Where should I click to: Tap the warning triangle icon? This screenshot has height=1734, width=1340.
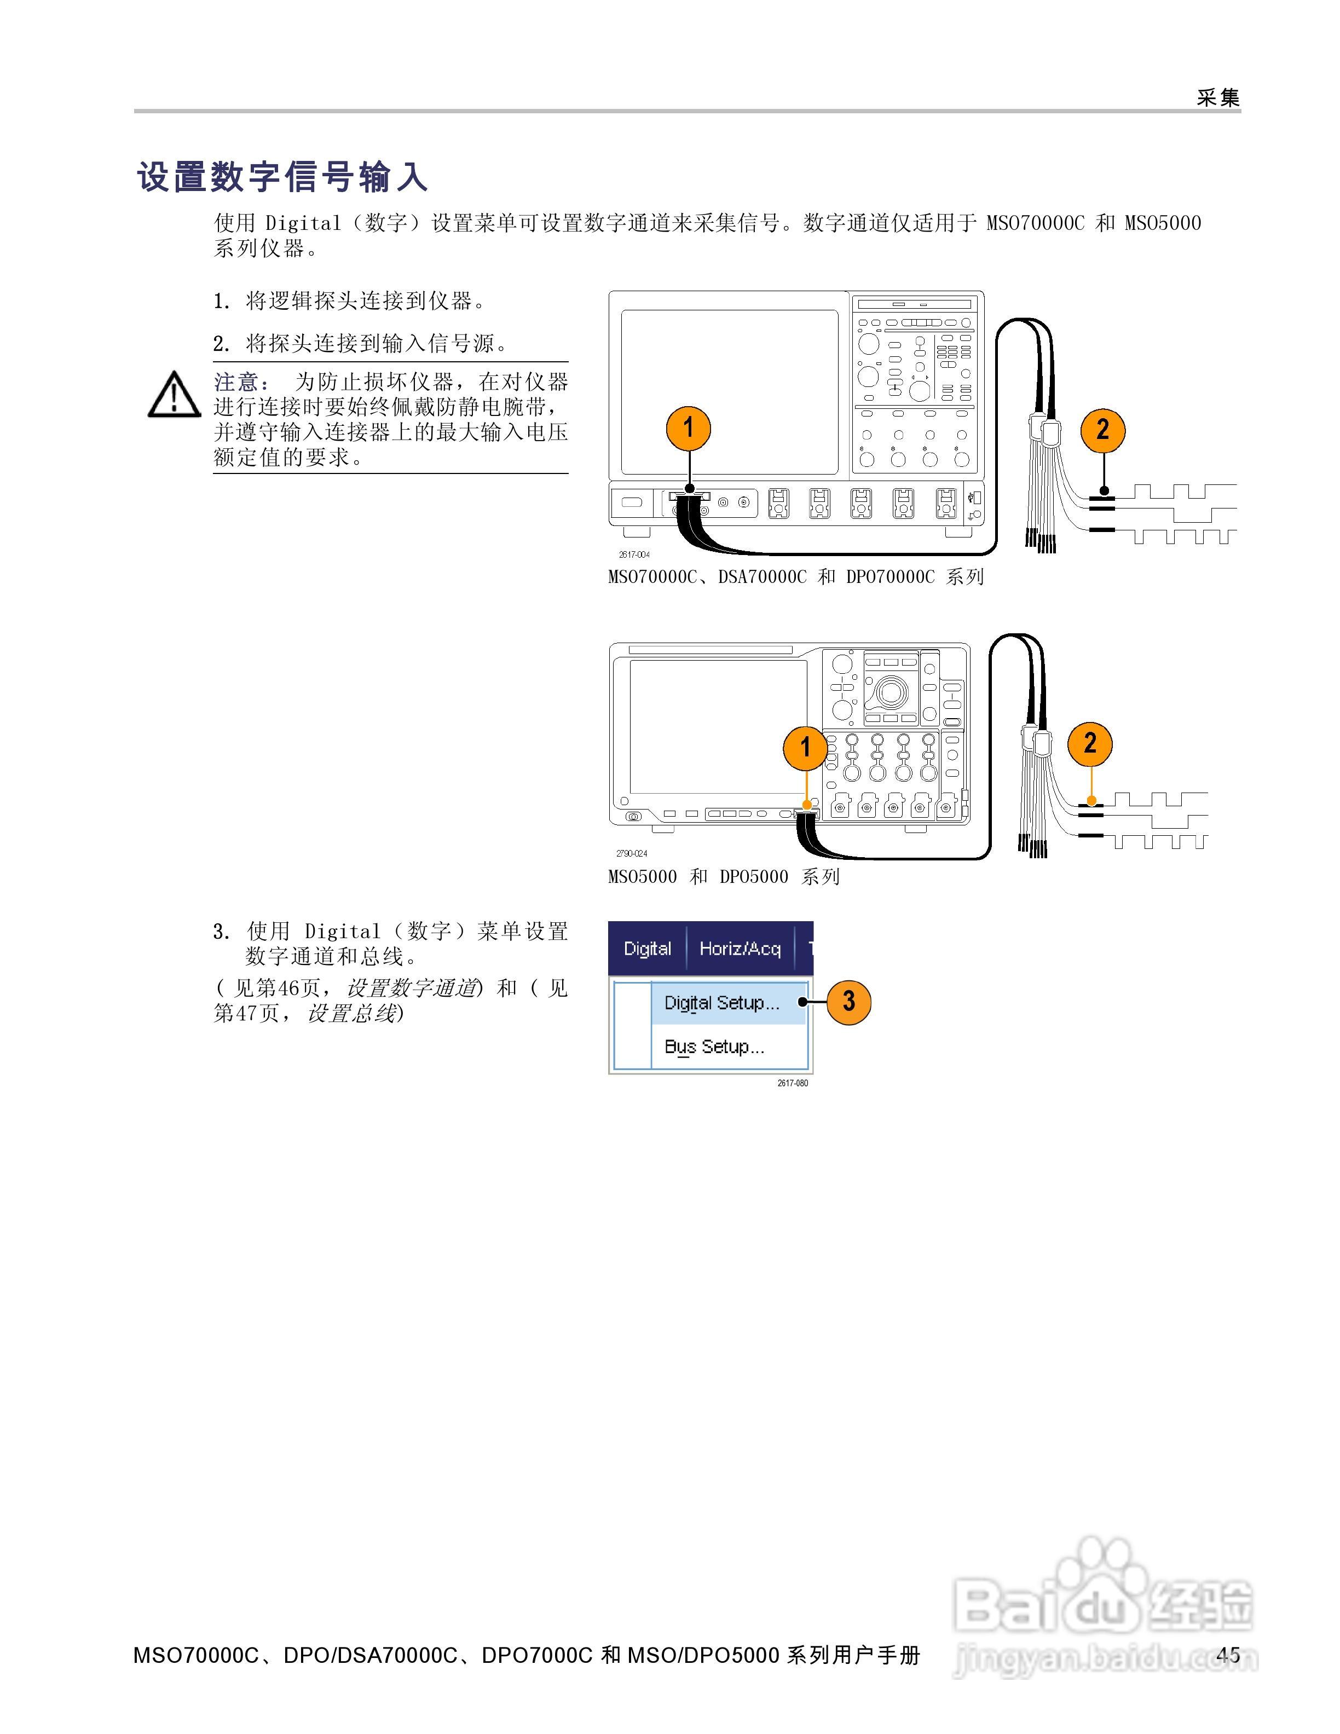[174, 395]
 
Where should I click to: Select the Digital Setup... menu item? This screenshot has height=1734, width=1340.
[721, 1003]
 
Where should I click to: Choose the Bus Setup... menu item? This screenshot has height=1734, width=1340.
[714, 1047]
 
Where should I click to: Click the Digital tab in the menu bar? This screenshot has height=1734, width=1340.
[647, 948]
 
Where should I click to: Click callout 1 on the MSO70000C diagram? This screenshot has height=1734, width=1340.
[688, 428]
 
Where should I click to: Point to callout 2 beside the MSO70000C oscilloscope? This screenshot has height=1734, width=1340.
[1102, 430]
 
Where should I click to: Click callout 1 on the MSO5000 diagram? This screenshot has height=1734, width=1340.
[805, 747]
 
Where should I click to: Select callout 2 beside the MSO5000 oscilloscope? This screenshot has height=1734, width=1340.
[1090, 743]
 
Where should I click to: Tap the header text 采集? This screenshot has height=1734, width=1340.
[1218, 97]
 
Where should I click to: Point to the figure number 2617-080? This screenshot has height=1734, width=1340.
[792, 1083]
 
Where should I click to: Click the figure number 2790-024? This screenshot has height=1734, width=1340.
[632, 853]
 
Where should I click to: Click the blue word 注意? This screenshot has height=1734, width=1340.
[236, 382]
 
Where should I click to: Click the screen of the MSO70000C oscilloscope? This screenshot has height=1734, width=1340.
[729, 392]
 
